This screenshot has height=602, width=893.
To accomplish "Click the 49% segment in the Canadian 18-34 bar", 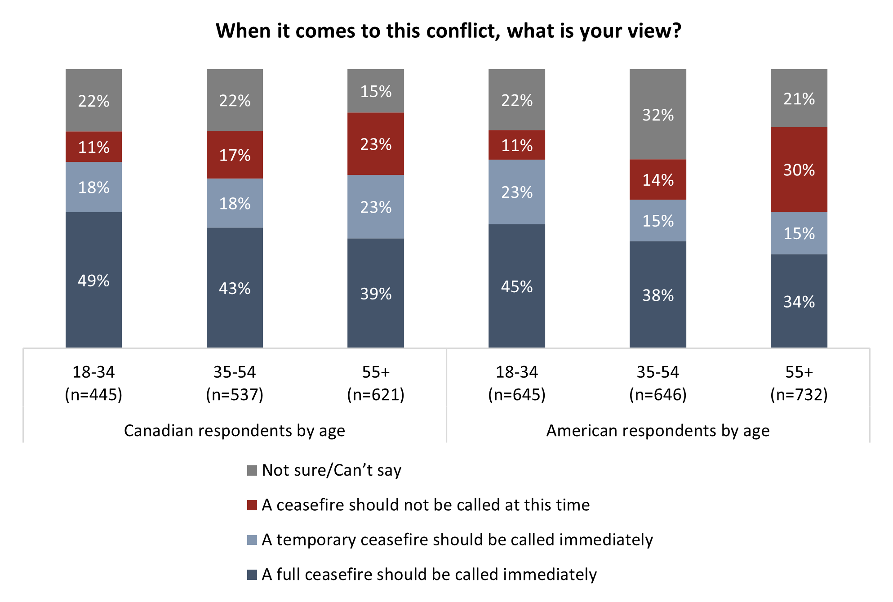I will click(93, 280).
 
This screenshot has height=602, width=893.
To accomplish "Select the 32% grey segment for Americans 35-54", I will click(658, 115).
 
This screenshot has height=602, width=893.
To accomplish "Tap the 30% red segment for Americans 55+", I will click(799, 169).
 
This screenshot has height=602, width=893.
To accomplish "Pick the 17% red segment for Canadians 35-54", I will click(235, 155).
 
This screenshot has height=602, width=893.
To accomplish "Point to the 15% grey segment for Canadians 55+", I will click(376, 91).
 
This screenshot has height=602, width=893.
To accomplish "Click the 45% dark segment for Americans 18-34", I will click(516, 286).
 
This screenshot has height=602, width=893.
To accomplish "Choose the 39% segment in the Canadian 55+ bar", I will click(376, 293).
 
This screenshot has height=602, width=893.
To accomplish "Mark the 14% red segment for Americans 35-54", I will click(658, 180).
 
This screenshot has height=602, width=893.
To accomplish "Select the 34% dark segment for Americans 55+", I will click(799, 301).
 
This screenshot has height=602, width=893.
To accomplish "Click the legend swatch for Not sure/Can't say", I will click(252, 470).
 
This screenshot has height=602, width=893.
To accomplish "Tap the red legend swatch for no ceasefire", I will click(252, 505).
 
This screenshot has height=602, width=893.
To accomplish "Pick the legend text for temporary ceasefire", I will click(457, 540).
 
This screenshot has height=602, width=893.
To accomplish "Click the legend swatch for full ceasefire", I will click(252, 575).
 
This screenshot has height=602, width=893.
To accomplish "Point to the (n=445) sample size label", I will click(93, 394).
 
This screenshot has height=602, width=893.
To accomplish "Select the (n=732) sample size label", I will click(799, 394).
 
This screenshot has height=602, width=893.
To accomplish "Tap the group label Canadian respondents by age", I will click(235, 430).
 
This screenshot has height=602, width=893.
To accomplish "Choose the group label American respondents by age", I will click(658, 430).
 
